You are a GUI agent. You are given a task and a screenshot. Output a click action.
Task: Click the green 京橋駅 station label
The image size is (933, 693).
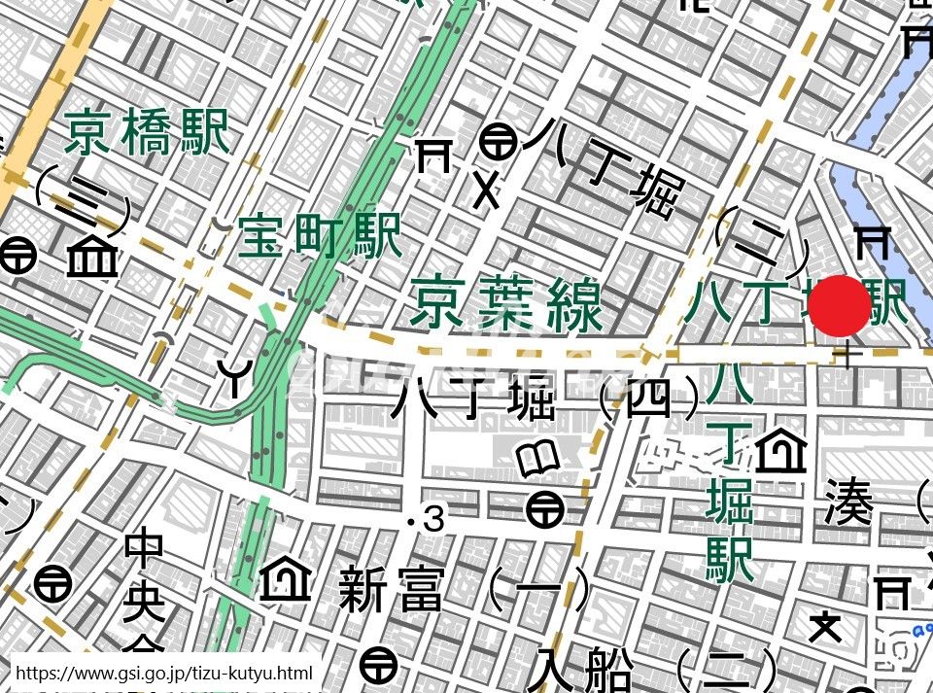point(147,132)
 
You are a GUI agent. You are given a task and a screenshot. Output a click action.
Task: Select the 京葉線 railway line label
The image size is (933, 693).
point(505,302)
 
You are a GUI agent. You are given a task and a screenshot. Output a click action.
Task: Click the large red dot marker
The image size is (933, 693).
point(839,305)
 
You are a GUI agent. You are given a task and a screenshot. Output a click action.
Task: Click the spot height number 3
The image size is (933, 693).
point(433,521)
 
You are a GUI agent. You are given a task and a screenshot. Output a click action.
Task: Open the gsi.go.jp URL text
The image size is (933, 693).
point(164,673)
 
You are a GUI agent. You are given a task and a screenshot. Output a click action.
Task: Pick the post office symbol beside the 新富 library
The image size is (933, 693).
point(544,507)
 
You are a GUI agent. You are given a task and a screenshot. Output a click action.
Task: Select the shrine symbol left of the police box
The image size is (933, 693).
point(433,155)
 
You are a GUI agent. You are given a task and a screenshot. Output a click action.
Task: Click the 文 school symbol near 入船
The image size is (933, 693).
point(825,627)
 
